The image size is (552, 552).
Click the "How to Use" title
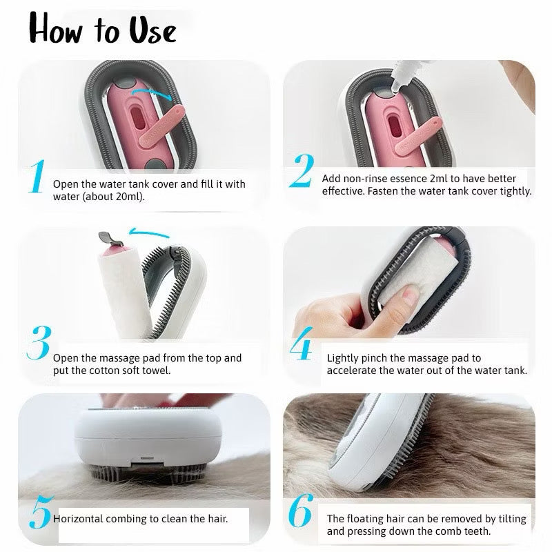pos(102,29)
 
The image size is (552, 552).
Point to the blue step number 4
pos(302,348)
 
